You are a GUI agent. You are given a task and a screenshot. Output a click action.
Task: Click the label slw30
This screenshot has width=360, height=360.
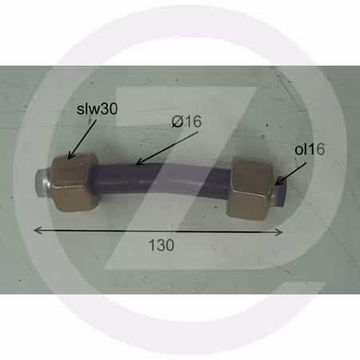[x=97, y=109]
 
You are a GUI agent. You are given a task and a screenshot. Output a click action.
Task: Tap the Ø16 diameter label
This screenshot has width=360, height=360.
[x=186, y=122]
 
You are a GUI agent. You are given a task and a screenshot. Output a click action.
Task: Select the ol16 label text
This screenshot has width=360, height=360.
[x=310, y=149]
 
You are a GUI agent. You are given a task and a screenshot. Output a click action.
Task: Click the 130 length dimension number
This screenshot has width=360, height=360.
[x=162, y=245]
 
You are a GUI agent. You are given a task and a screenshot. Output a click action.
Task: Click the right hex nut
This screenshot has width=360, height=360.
[x=251, y=188]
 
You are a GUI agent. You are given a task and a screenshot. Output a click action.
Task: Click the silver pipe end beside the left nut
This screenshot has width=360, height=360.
[x=42, y=183]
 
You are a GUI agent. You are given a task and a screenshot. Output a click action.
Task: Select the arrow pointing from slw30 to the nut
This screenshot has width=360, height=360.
[x=82, y=140]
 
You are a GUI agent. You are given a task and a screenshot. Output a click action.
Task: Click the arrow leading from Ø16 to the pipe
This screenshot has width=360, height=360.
[x=167, y=148]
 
